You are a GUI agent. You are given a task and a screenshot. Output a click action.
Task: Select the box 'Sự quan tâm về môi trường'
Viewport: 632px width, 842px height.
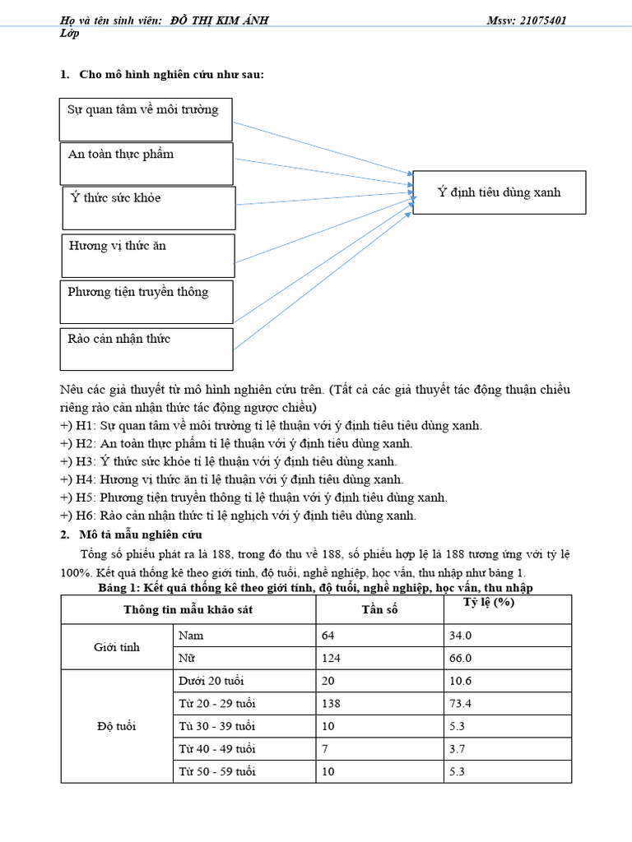click(146, 119)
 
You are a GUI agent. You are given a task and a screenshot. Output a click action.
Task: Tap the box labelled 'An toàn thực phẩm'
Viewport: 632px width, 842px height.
click(146, 163)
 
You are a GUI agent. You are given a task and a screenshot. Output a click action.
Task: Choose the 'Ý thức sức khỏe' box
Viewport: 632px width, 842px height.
click(149, 206)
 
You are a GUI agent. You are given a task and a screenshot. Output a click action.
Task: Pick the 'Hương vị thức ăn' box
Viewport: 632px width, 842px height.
click(148, 255)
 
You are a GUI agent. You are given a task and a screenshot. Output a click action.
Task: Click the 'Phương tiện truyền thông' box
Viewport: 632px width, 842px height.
click(146, 301)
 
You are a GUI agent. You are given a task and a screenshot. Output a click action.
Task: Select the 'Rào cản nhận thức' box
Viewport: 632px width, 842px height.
click(146, 349)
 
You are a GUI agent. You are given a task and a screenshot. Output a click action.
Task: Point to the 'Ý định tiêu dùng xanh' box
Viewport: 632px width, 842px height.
click(499, 192)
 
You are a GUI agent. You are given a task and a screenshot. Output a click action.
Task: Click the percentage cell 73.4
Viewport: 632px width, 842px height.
click(458, 704)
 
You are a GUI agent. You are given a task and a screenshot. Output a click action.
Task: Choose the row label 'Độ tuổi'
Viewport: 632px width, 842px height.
click(116, 726)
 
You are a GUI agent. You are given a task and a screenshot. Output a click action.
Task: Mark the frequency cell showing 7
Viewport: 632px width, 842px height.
click(326, 749)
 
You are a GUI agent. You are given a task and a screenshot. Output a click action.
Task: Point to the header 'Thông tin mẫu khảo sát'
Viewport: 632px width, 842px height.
click(188, 610)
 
